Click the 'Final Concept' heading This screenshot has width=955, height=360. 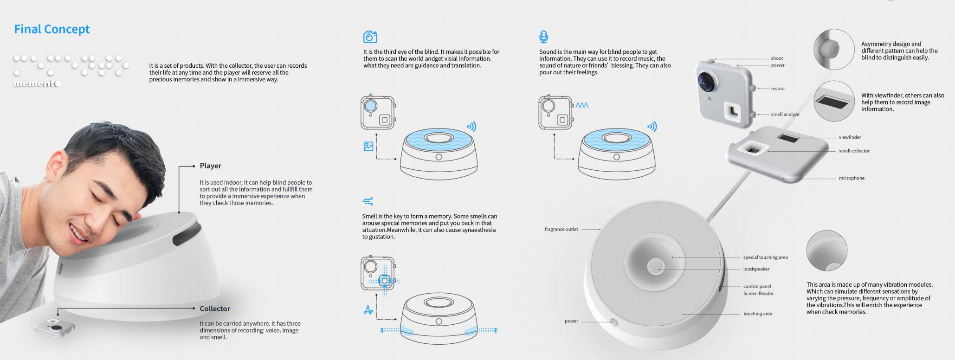click(52, 29)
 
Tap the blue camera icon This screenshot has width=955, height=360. click(370, 37)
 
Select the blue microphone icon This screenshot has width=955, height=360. click(543, 37)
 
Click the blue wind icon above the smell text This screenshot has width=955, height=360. click(368, 201)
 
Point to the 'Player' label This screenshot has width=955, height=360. click(210, 166)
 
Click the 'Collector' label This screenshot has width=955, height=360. click(215, 309)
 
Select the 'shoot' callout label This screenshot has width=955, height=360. click(777, 58)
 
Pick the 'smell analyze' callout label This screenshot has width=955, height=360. click(785, 114)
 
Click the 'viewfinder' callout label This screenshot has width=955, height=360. click(850, 137)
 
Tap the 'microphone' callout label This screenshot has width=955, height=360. click(852, 178)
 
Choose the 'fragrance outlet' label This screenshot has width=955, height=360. click(561, 229)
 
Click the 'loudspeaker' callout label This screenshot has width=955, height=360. click(756, 269)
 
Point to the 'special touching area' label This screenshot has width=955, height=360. click(766, 257)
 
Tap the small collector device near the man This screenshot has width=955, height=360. click(54, 328)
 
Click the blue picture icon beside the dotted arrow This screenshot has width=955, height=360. click(368, 146)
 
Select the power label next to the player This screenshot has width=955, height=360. click(571, 321)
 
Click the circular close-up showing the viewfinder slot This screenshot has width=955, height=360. click(834, 101)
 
